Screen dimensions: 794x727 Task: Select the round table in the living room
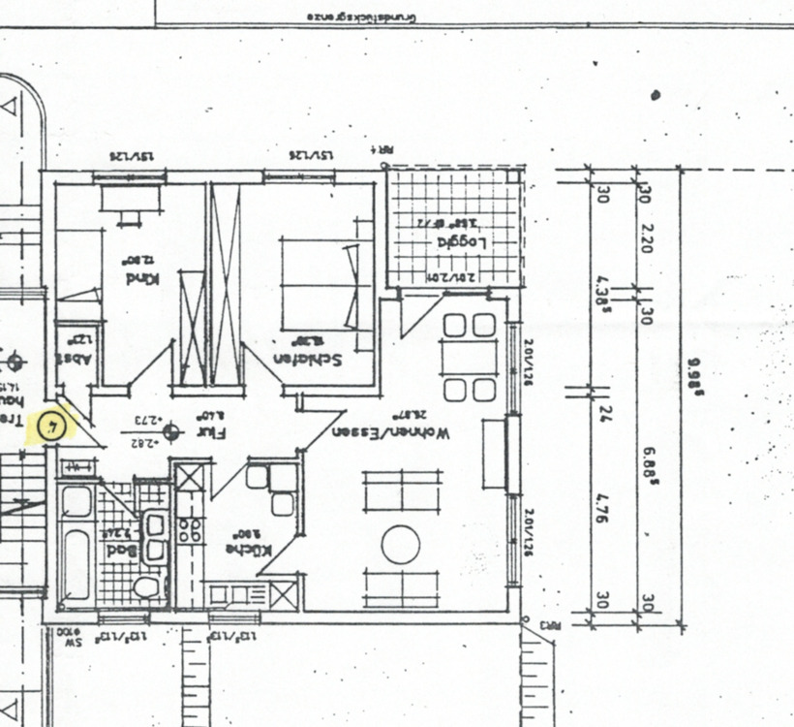point(401,545)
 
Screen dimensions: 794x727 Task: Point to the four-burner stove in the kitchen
point(190,530)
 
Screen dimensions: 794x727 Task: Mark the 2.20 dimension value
point(647,237)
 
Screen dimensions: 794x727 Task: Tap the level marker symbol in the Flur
point(172,430)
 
